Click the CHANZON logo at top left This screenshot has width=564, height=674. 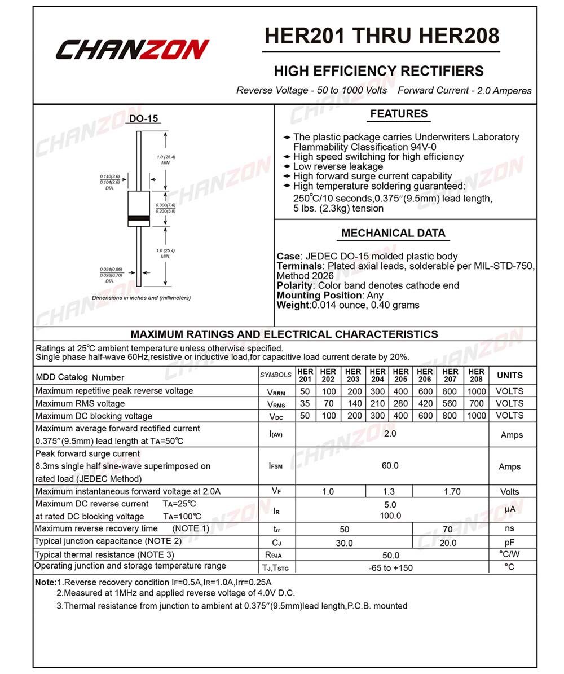click(x=133, y=50)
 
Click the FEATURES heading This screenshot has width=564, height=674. click(x=399, y=114)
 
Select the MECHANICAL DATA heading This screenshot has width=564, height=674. click(x=393, y=233)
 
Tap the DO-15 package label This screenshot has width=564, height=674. click(x=144, y=118)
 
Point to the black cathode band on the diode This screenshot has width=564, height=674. click(x=139, y=218)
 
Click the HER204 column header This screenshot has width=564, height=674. click(x=377, y=375)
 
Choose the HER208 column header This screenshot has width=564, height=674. click(x=476, y=375)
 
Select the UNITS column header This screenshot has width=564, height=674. click(x=510, y=375)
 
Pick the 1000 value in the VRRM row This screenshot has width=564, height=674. click(x=476, y=391)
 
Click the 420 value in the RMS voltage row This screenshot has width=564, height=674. click(x=425, y=403)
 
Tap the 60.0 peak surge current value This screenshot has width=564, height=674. click(x=390, y=465)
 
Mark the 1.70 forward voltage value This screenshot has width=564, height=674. click(x=452, y=491)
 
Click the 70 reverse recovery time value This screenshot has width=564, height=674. click(x=448, y=530)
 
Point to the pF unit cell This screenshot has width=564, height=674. click(x=510, y=542)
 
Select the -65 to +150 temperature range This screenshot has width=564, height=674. click(x=390, y=567)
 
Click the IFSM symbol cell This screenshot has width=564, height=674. click(x=276, y=466)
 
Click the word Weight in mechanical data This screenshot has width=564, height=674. click(x=293, y=305)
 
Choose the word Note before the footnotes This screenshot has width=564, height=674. click(x=45, y=582)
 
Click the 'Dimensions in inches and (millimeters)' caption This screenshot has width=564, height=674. click(x=141, y=298)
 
